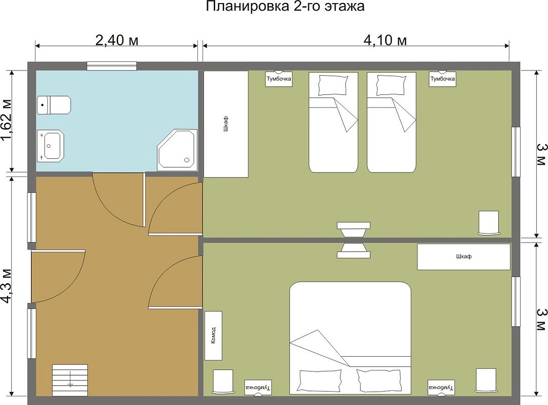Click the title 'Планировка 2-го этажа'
285,6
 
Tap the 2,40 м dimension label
117,40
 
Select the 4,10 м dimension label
385,40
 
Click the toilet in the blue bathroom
54,105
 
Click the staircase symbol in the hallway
70,380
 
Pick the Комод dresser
213,335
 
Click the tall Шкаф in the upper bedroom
226,124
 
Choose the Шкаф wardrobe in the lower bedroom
464,257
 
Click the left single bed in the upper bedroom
333,122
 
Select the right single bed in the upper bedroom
392,122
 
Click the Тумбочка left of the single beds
279,79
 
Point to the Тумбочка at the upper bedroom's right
442,79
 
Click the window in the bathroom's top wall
112,66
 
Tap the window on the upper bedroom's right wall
516,152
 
